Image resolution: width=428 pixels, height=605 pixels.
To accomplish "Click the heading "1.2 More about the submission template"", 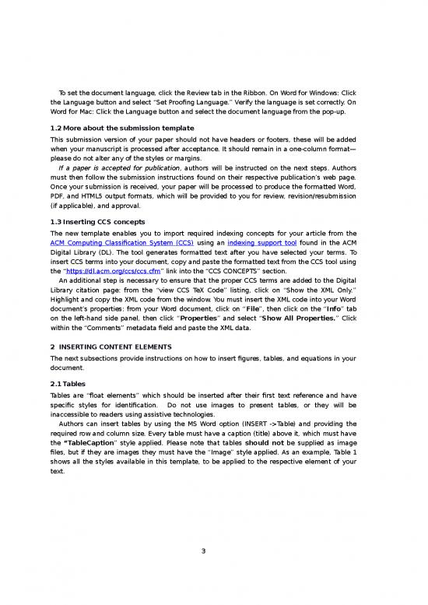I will (121, 128).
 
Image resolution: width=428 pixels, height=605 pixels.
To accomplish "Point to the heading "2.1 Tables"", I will (68, 385).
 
